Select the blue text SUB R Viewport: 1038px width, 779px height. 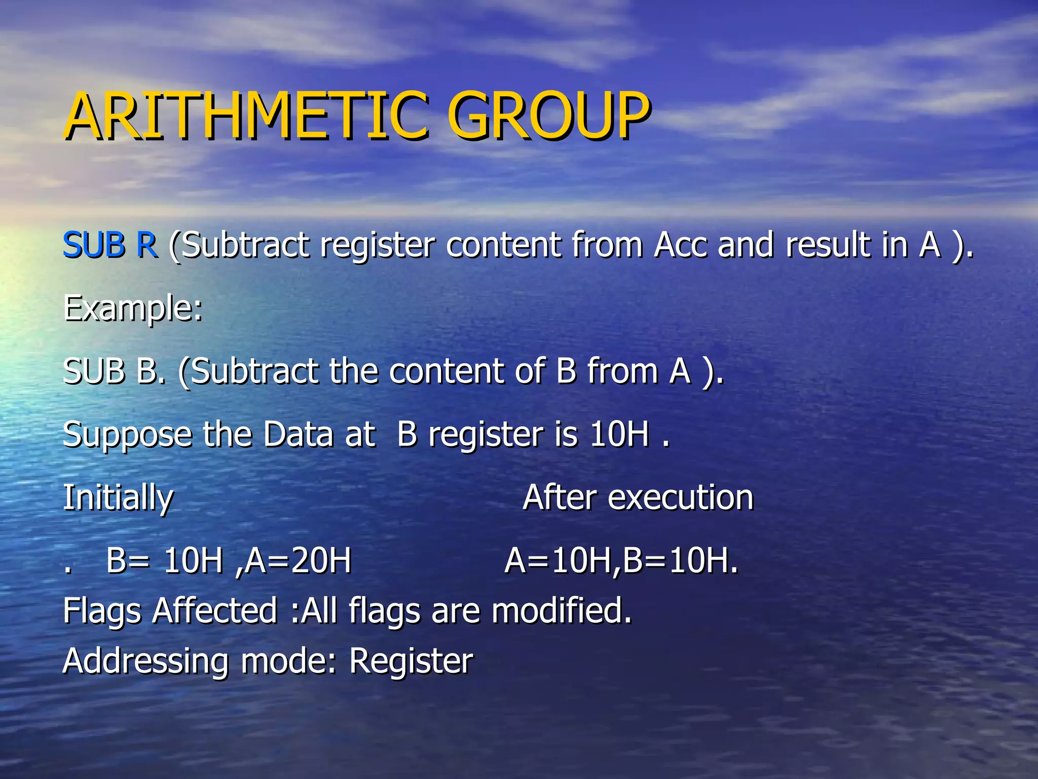click(109, 245)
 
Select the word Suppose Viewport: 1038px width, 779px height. click(127, 435)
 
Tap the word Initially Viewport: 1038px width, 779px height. click(118, 498)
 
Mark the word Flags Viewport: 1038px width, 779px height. click(102, 611)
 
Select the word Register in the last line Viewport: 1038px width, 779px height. click(411, 662)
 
